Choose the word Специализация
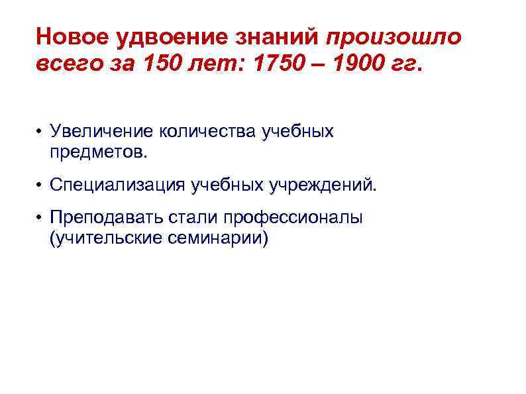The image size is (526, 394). pos(117,184)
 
